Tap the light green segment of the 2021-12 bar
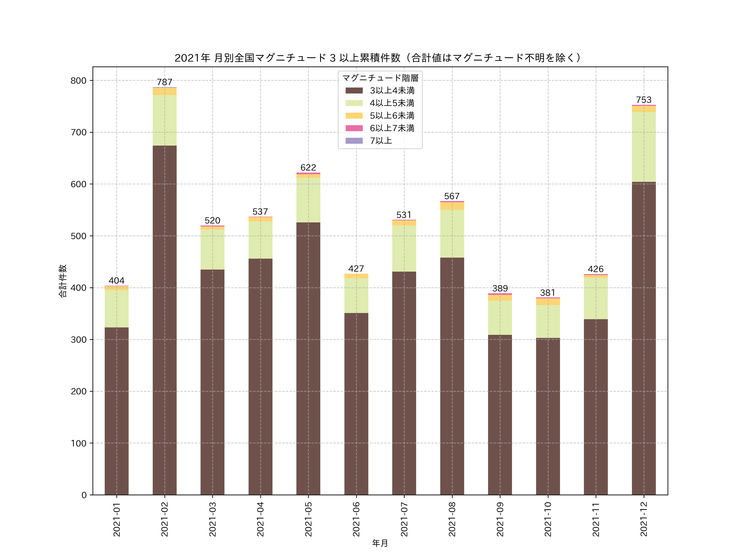[x=643, y=147]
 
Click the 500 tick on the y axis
[x=79, y=236]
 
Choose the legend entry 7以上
[x=381, y=141]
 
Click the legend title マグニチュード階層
[x=380, y=78]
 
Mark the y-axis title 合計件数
[x=63, y=281]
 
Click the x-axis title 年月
[x=380, y=543]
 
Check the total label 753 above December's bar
[x=643, y=100]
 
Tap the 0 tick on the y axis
[x=84, y=495]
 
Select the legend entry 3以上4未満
[x=392, y=90]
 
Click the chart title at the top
[x=378, y=58]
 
